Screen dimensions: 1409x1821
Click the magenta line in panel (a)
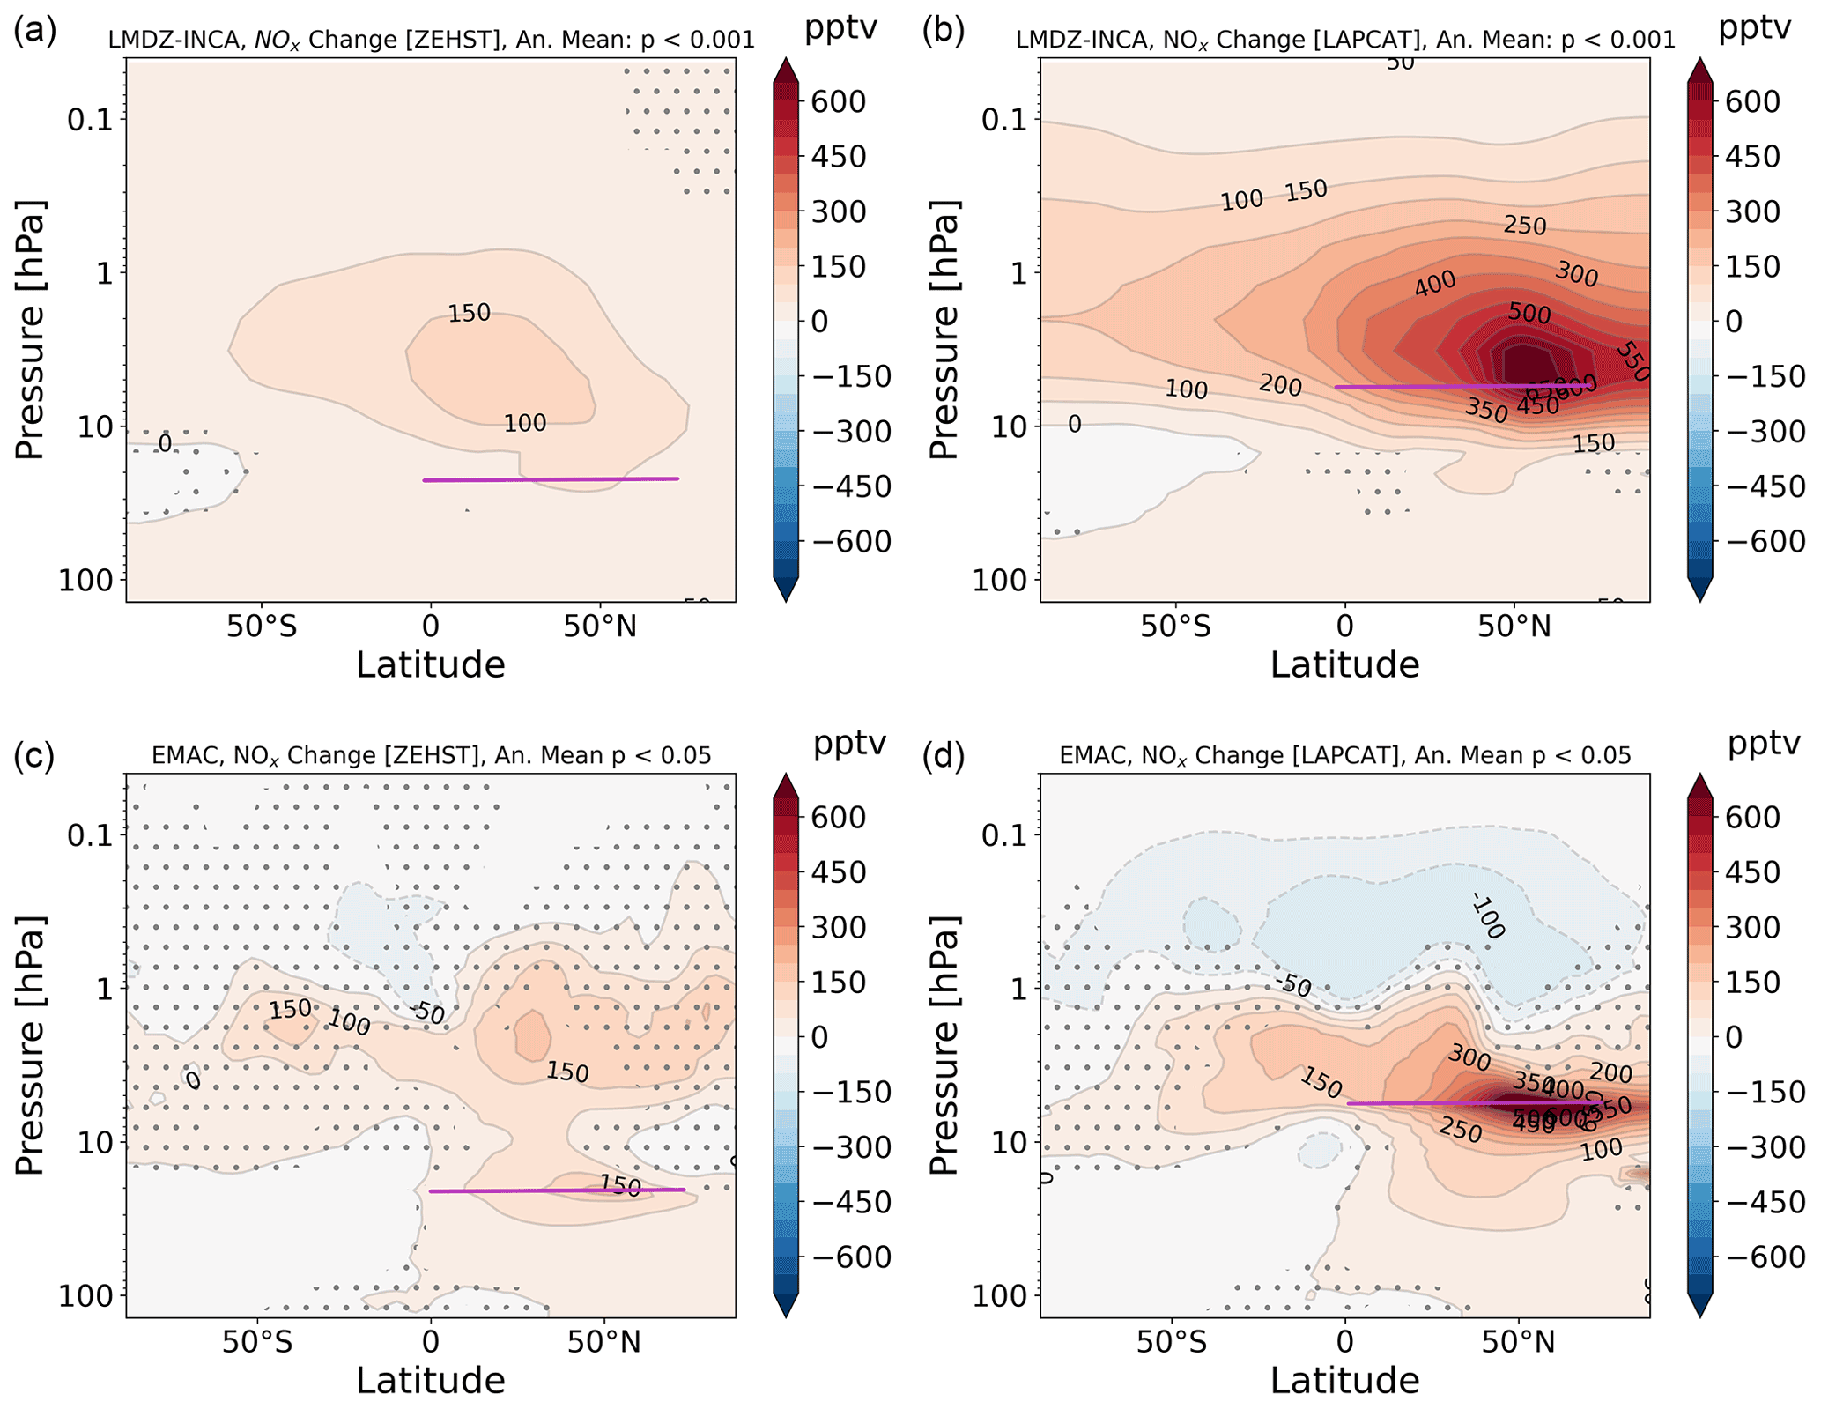551,479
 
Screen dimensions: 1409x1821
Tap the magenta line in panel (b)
1462,386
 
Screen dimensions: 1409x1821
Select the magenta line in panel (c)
555,1190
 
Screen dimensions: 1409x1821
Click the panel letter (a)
35,32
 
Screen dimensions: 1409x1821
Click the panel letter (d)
944,755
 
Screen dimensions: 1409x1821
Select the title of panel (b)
1345,40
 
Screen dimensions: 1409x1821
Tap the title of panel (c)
431,755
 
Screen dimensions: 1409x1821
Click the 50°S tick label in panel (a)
261,626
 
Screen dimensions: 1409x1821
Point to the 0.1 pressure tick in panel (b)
1005,119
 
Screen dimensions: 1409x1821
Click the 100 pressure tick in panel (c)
91,1295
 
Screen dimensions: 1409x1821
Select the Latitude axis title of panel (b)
1344,664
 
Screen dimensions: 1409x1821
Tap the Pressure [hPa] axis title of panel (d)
944,1044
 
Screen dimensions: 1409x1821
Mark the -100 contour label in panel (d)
1488,915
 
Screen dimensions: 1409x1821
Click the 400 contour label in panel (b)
1435,285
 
